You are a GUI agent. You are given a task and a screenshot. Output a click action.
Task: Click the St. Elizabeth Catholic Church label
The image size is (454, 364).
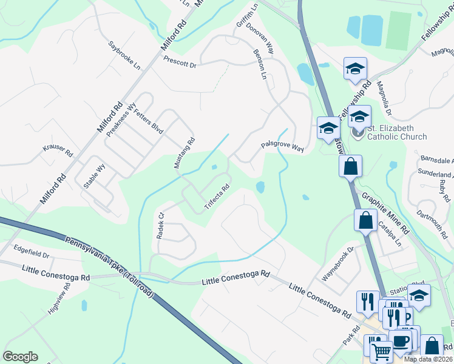coord(398,132)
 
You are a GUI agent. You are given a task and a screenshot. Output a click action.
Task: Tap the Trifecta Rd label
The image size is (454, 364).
coord(216,197)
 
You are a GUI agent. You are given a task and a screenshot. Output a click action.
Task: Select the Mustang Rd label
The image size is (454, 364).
coord(184,153)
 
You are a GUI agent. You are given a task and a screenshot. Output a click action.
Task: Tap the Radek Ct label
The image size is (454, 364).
coord(161,225)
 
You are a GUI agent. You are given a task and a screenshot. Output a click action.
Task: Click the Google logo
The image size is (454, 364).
coord(20,357)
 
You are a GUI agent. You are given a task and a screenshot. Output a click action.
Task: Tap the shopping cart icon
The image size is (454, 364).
coord(381,351)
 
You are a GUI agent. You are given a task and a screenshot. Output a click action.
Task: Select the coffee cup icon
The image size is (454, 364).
coord(401,340)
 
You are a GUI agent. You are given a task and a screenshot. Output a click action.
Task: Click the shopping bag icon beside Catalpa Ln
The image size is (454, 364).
coord(366,220)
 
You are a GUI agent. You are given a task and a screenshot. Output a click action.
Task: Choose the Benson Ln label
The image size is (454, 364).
coord(262,65)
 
